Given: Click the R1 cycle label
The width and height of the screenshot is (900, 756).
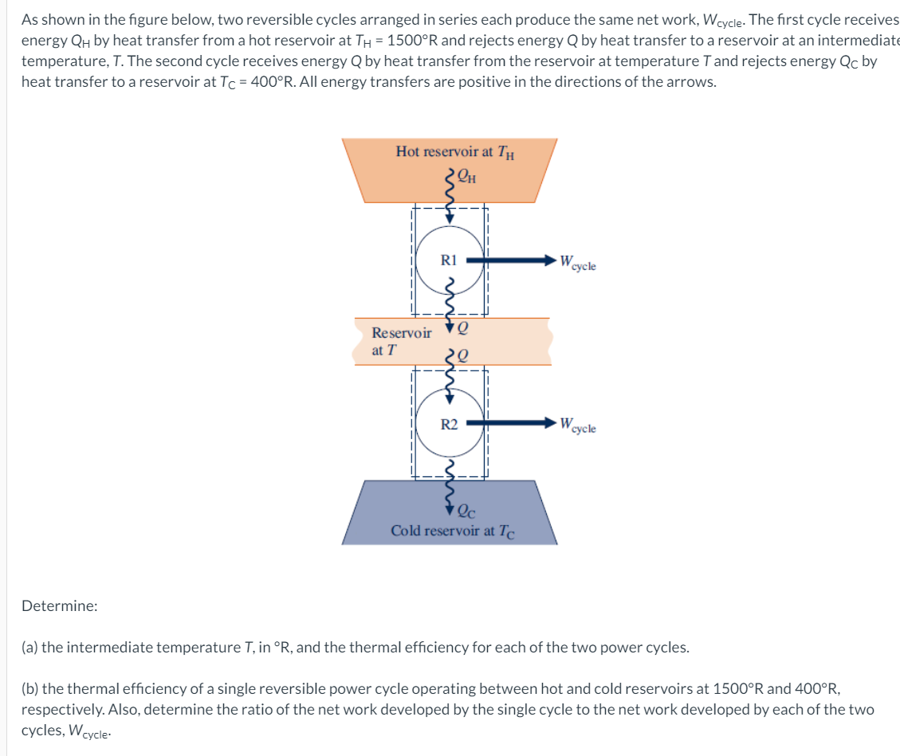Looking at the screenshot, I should (450, 260).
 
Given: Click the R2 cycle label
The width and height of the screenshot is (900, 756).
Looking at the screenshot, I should (450, 424).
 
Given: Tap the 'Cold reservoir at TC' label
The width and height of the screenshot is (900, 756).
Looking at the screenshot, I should (453, 531).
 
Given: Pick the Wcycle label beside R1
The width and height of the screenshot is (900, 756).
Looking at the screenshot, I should (577, 262).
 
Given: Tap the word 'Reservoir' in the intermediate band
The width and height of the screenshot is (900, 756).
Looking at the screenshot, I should (402, 333).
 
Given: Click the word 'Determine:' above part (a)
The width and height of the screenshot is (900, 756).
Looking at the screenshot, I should (60, 605).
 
